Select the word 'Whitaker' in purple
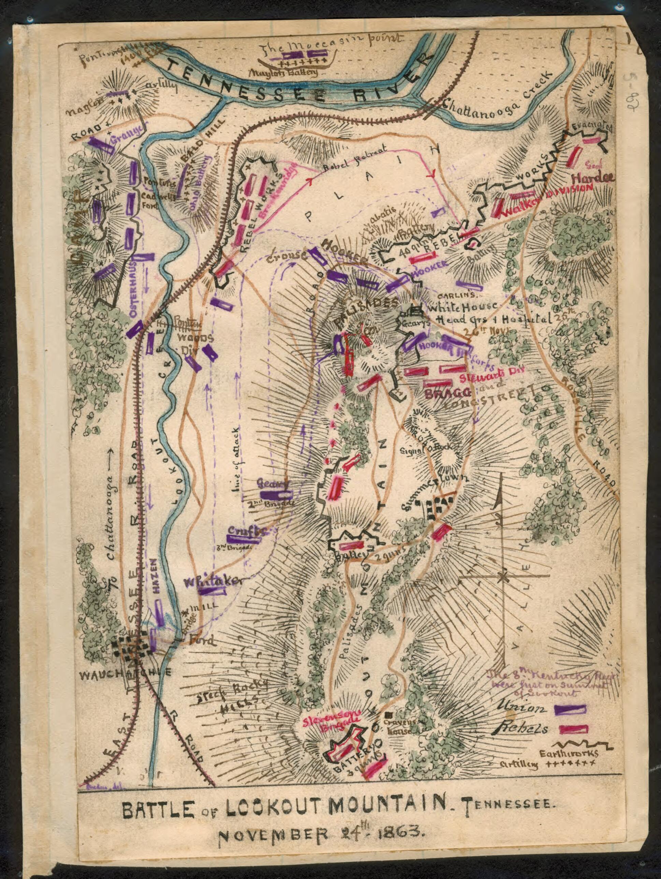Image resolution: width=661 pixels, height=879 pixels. [213, 581]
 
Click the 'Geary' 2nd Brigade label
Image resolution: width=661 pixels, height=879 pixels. [271, 484]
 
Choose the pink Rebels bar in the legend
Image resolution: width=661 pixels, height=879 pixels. [573, 729]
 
